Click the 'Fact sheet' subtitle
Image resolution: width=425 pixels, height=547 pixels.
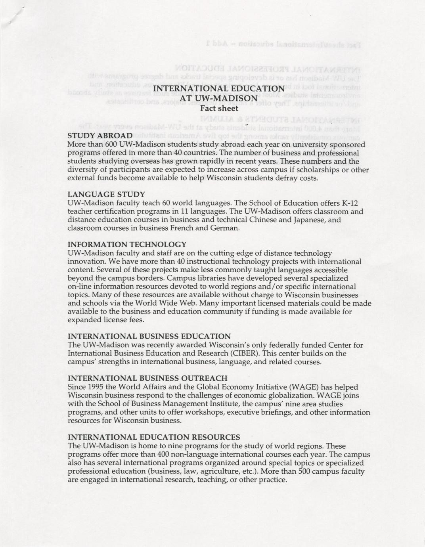click(219, 108)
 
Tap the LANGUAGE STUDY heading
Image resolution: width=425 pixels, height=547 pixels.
click(106, 195)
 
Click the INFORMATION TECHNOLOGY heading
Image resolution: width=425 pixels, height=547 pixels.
click(127, 245)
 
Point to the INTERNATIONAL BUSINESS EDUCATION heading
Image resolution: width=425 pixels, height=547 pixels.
click(149, 337)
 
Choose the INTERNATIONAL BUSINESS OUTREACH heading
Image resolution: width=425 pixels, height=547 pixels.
click(147, 378)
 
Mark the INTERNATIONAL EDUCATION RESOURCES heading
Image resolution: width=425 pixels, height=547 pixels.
click(154, 437)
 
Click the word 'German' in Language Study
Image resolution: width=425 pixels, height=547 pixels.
click(225, 228)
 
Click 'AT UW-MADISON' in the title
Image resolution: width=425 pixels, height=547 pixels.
click(219, 98)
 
